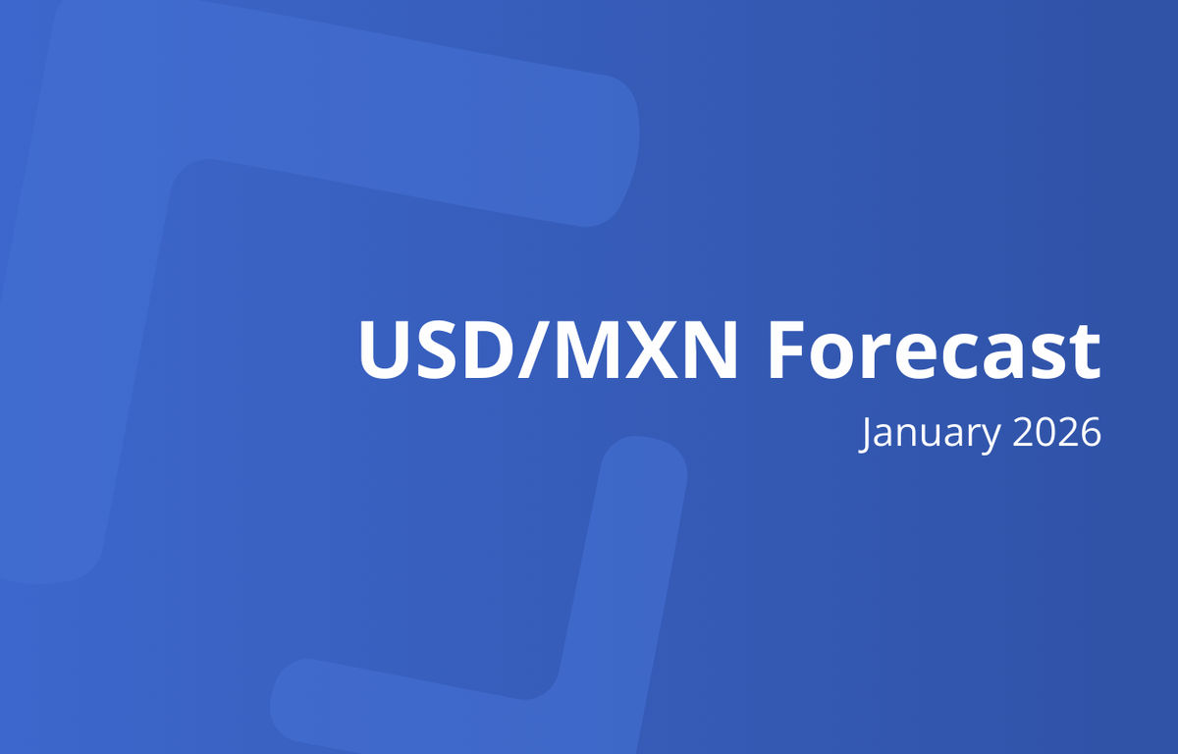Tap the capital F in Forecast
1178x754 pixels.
[x=786, y=350]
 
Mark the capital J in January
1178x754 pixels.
[x=865, y=433]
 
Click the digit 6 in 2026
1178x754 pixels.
[x=1089, y=432]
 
